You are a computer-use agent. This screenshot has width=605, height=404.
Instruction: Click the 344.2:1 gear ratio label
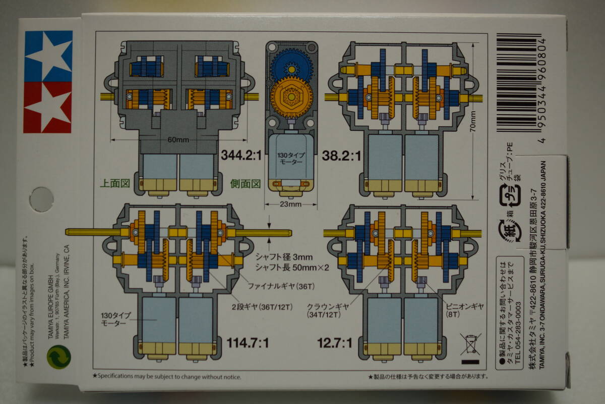pyautogui.click(x=240, y=155)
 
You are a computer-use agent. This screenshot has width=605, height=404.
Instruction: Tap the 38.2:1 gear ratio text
pyautogui.click(x=341, y=155)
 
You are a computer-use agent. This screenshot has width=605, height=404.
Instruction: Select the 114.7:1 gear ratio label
pyautogui.click(x=248, y=343)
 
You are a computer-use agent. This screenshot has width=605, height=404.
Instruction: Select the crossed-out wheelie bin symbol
pyautogui.click(x=470, y=344)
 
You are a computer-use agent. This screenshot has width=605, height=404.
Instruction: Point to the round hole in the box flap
pyautogui.click(x=41, y=199)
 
